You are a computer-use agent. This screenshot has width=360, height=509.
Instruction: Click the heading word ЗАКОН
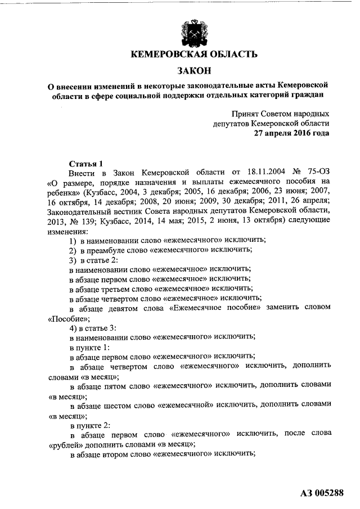tap(194, 71)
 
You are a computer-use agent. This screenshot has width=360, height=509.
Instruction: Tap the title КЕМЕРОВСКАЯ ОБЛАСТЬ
tap(194, 55)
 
